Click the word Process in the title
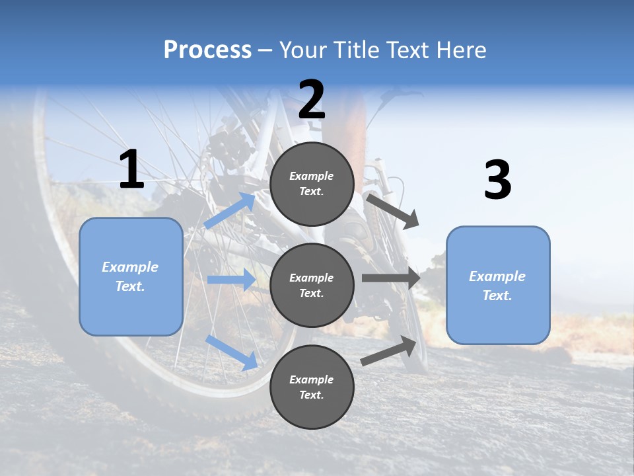(207, 50)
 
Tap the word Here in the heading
(460, 50)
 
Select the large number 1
(131, 170)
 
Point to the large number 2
(312, 99)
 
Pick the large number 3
(497, 180)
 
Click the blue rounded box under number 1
(131, 276)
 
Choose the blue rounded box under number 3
(498, 285)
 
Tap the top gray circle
(312, 184)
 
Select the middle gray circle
(312, 285)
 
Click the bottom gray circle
(312, 387)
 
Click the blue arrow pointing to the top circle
(230, 211)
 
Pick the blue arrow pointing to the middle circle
(231, 280)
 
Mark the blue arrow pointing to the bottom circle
(231, 352)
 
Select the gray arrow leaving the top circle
(392, 211)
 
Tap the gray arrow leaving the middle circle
(390, 278)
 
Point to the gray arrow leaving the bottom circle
(389, 351)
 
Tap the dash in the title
(265, 50)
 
